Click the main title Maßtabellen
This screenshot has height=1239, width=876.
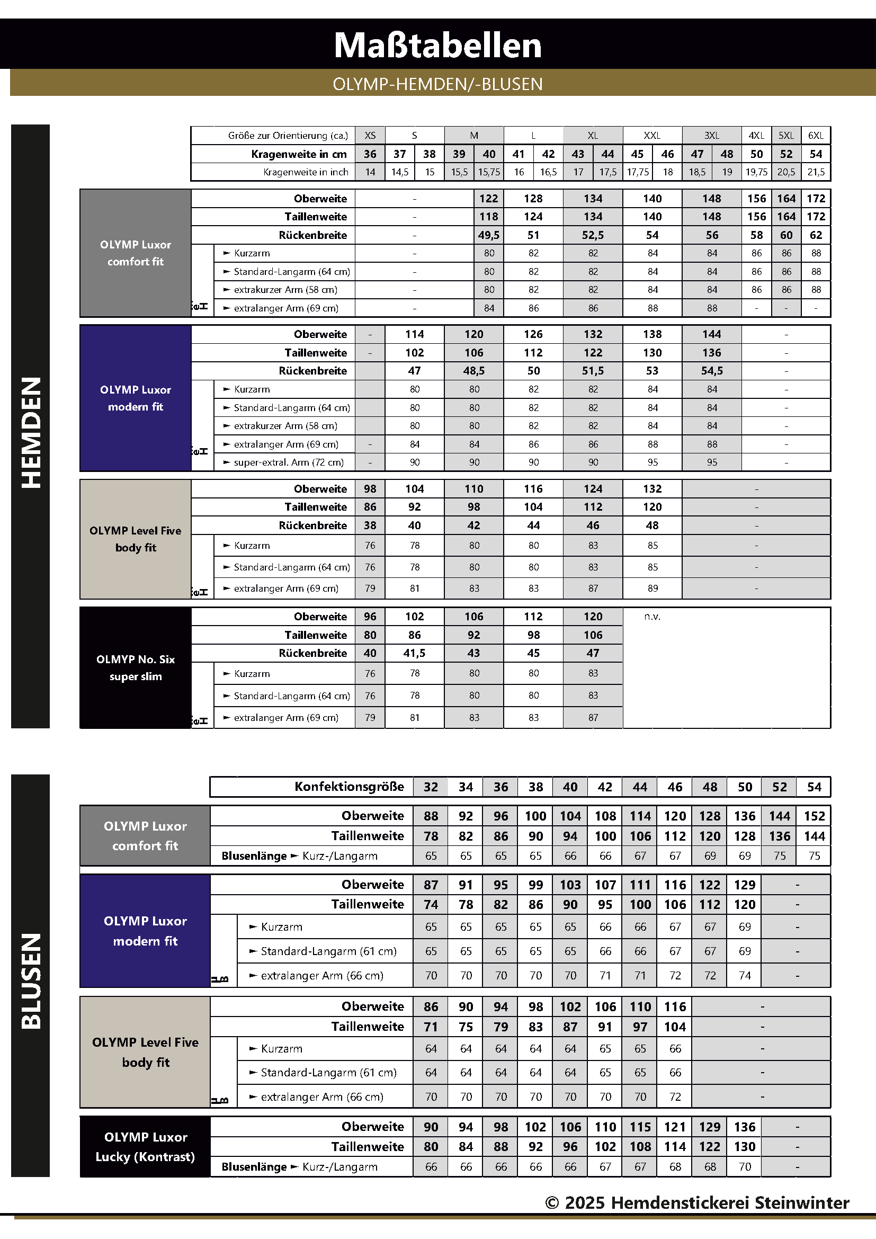tap(437, 46)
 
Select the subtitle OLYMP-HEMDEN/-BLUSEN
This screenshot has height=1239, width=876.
tap(437, 84)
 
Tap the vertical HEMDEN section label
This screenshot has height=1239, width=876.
tap(31, 432)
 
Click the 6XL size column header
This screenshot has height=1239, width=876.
tap(815, 136)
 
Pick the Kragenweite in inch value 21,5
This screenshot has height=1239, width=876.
tap(815, 172)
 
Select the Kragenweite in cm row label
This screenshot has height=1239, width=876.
tap(299, 154)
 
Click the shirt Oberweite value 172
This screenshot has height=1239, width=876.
tap(815, 199)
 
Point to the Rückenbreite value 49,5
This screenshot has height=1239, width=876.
tap(489, 235)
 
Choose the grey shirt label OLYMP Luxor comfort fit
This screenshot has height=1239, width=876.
tap(136, 253)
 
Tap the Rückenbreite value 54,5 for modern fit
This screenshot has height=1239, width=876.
tap(711, 371)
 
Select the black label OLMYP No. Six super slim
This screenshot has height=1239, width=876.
tap(136, 667)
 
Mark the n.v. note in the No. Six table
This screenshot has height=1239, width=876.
tap(652, 617)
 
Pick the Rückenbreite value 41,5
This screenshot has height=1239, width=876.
tap(414, 653)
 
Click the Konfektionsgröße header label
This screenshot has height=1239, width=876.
tap(349, 787)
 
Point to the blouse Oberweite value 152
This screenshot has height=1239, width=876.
tap(814, 816)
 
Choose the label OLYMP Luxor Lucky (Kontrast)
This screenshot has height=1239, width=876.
tap(145, 1147)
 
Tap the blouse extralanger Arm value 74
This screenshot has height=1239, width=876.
tap(744, 976)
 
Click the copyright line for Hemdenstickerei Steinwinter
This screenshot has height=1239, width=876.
tap(697, 1203)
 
